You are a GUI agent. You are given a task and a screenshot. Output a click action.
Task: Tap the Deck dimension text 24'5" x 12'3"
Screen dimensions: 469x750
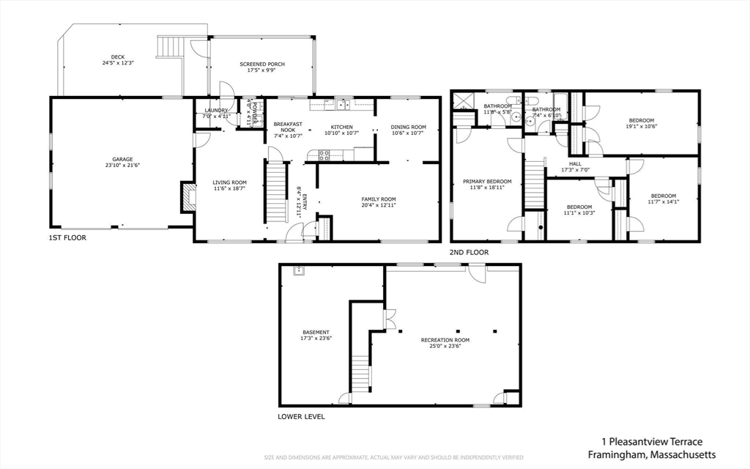tap(118, 63)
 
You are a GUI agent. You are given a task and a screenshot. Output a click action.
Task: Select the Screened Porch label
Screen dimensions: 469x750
tap(262, 64)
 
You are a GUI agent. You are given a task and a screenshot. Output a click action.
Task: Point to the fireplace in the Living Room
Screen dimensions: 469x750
tap(188, 198)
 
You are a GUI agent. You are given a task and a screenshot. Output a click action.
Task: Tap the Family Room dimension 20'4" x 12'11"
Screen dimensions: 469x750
tap(378, 206)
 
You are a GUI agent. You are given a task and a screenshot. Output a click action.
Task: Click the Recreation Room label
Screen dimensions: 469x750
tap(445, 340)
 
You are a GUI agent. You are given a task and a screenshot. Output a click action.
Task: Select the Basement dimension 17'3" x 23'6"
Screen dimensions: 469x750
tap(316, 339)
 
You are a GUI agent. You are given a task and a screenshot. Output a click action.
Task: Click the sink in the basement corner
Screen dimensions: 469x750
tap(299, 272)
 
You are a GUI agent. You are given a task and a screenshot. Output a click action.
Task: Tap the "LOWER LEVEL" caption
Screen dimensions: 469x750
tap(301, 416)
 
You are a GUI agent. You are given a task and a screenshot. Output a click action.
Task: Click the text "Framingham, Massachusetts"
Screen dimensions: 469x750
tap(652, 454)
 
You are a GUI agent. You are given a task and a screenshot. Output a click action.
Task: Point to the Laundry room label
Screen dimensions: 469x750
tap(216, 111)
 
